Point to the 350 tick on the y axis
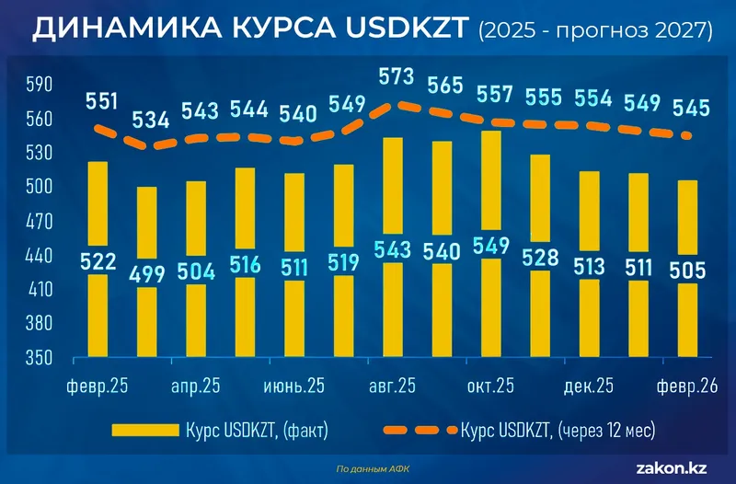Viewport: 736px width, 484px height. tap(40, 357)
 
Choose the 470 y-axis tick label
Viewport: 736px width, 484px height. tap(40, 221)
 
